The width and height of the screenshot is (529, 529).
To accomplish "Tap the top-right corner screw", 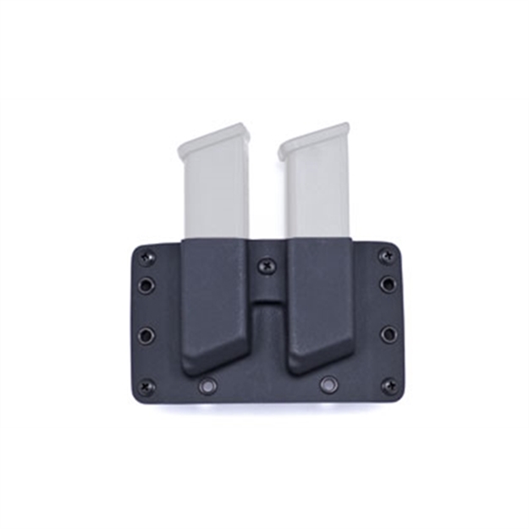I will (387, 256).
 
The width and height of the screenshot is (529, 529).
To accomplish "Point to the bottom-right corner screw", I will (389, 387).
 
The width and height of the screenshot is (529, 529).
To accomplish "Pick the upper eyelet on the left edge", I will (146, 285).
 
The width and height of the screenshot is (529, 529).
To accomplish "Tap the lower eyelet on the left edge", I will (146, 335).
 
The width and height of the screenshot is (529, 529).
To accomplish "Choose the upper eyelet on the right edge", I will (388, 284).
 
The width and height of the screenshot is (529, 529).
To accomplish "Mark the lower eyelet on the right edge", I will (388, 335).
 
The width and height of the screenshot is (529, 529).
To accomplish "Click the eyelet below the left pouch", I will (206, 387).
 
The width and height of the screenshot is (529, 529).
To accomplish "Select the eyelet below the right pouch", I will (328, 387).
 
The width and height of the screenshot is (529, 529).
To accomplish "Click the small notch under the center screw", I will (267, 297).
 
